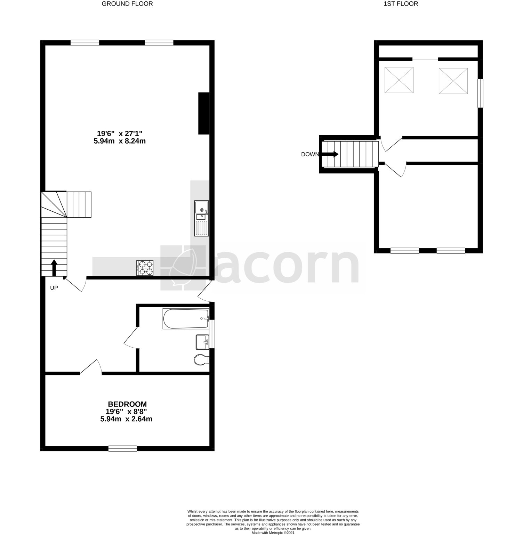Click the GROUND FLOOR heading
pos(127,4)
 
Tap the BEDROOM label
pos(127,404)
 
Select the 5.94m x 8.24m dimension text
pos(120,141)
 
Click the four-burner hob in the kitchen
pos(145,268)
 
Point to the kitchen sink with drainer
pos(201,218)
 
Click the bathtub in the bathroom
pos(186,318)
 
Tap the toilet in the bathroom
pos(201,360)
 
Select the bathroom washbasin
pos(202,342)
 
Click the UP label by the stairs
pos(54,288)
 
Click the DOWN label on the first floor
pos(310,154)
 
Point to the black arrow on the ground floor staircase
pos(54,268)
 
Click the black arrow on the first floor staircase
pos(330,154)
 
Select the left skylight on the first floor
pos(399,80)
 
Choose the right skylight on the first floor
pos(453,81)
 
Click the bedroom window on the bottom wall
pos(123,449)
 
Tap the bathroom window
pos(213,334)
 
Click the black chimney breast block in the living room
pos(204,113)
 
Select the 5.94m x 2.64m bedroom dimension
pos(126,419)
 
